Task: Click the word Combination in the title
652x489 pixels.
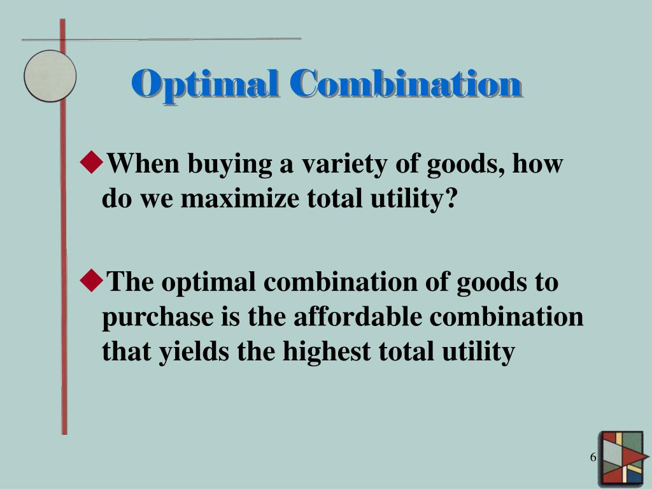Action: coord(406,85)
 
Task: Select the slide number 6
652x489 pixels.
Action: coord(593,458)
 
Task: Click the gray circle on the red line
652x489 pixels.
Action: coord(50,76)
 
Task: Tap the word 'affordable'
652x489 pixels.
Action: coord(357,316)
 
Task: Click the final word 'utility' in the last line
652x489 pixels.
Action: coord(478,351)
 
